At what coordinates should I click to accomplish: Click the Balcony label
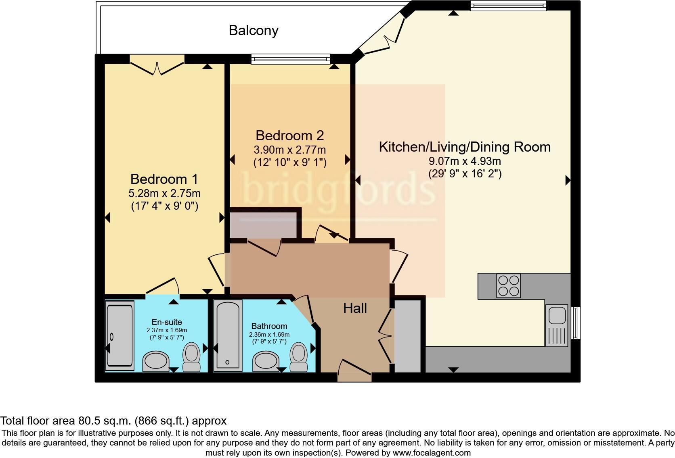pyautogui.click(x=254, y=31)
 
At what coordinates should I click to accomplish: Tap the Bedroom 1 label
pyautogui.click(x=164, y=179)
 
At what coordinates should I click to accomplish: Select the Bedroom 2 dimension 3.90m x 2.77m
pyautogui.click(x=290, y=150)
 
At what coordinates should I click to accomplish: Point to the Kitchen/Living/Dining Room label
pyautogui.click(x=465, y=147)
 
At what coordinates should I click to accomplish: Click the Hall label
pyautogui.click(x=355, y=308)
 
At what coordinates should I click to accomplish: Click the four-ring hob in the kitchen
pyautogui.click(x=508, y=285)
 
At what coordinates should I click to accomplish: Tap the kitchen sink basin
pyautogui.click(x=557, y=315)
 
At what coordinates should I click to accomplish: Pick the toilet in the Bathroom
pyautogui.click(x=299, y=357)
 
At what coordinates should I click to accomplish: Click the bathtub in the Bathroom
pyautogui.click(x=228, y=335)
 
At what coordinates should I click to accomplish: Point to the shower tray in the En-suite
pyautogui.click(x=119, y=335)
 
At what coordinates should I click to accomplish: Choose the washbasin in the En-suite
pyautogui.click(x=155, y=361)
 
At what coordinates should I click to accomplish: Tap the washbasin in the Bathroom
pyautogui.click(x=266, y=361)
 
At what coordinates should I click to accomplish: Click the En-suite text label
pyautogui.click(x=167, y=322)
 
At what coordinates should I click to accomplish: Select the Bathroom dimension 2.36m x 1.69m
pyautogui.click(x=269, y=335)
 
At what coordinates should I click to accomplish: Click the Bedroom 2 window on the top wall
pyautogui.click(x=291, y=59)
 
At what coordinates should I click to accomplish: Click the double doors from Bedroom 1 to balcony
pyautogui.click(x=157, y=65)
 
